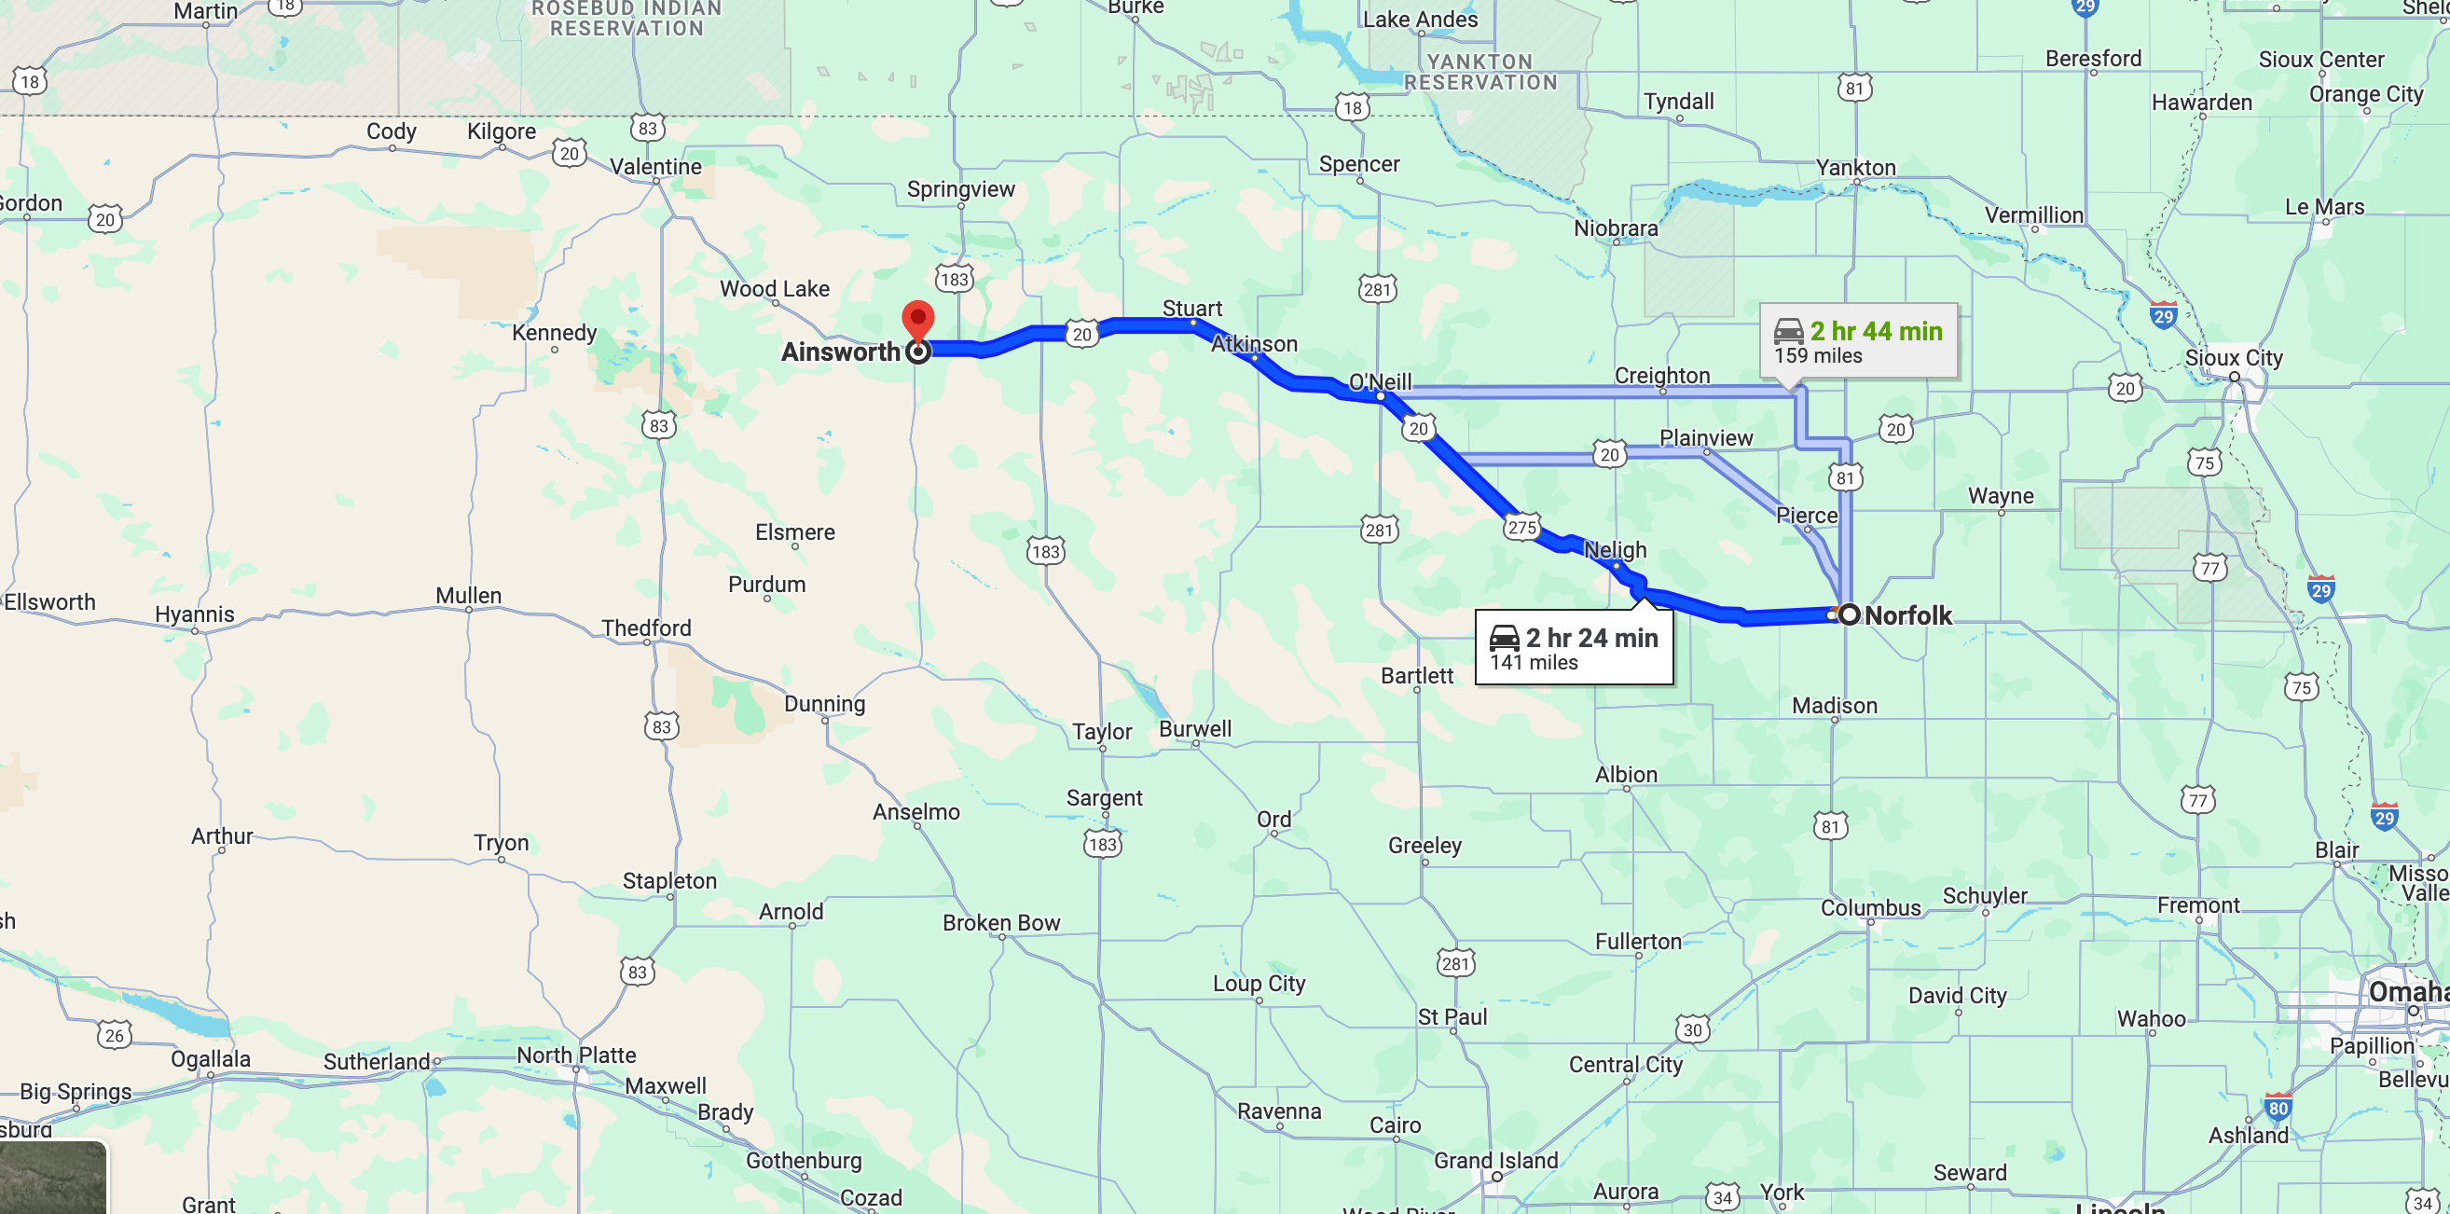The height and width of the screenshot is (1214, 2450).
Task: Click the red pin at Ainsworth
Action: (916, 320)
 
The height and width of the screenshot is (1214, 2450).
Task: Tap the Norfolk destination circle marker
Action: (1849, 614)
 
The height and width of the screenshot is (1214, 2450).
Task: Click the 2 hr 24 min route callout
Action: (1574, 648)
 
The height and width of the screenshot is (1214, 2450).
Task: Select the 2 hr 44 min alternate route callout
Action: (1857, 341)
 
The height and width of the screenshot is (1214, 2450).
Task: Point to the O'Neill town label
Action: (1380, 381)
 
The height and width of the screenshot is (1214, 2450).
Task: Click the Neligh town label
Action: (1615, 550)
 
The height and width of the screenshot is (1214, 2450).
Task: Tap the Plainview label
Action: (1705, 437)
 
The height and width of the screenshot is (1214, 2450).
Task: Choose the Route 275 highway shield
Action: (1521, 527)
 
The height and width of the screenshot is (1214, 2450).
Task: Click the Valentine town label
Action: (655, 167)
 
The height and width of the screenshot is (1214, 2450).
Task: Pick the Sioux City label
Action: (2233, 358)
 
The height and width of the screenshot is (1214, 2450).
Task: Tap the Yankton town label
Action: (1855, 168)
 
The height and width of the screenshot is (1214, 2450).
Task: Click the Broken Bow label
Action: (1000, 922)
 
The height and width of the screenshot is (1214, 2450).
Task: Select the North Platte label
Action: (576, 1055)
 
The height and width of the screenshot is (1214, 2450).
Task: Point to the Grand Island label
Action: (1495, 1160)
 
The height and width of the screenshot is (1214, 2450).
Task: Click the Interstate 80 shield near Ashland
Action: (2278, 1108)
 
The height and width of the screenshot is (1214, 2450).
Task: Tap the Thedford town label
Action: (646, 628)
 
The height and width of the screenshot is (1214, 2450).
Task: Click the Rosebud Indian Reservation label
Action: (626, 19)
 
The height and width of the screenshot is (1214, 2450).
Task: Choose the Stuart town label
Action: (1191, 309)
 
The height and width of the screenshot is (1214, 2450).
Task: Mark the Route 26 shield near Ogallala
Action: (114, 1035)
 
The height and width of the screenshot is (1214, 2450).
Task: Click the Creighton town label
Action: (1661, 376)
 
